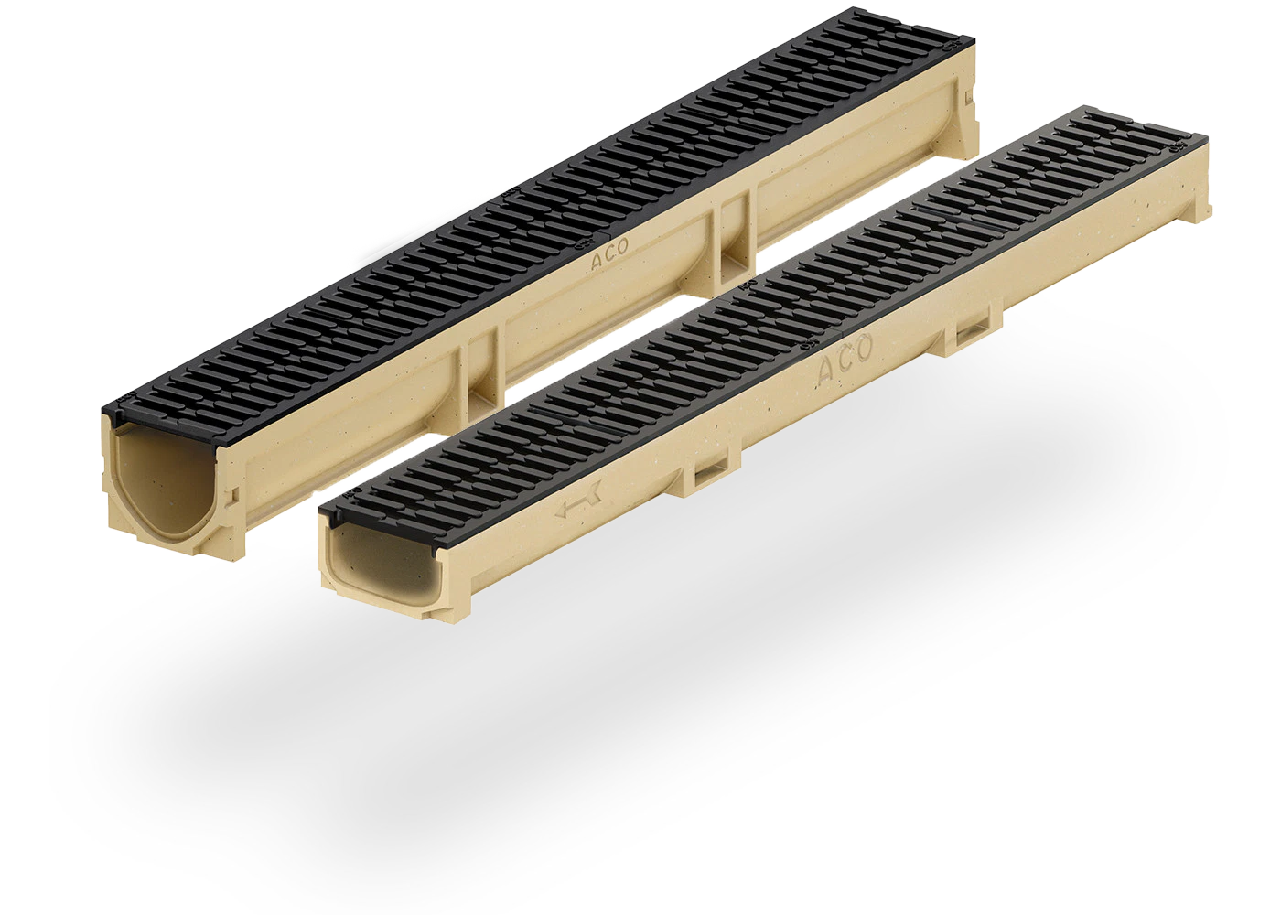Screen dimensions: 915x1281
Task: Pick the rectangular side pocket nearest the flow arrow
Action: coord(707,472)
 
